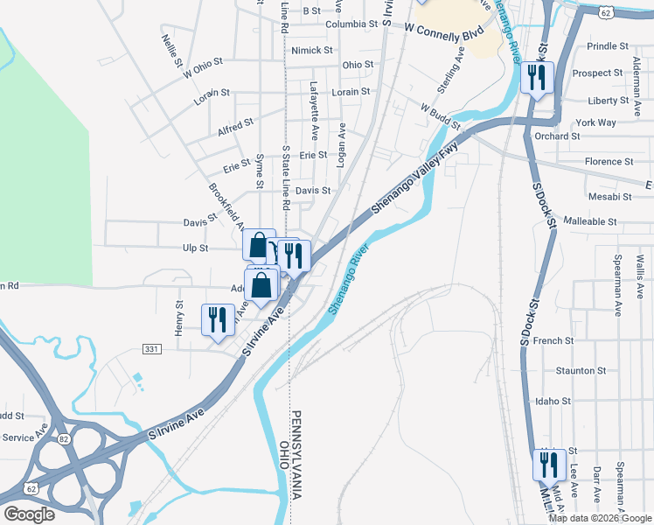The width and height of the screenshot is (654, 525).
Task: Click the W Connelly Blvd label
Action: [443, 30]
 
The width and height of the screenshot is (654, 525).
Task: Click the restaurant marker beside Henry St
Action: [217, 320]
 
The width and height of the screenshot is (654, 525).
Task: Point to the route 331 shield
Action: [152, 349]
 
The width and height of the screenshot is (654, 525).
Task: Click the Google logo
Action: [29, 514]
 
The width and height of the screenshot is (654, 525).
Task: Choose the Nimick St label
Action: [312, 51]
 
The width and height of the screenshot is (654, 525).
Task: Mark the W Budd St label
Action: [440, 117]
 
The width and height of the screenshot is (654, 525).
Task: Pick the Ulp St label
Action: [195, 248]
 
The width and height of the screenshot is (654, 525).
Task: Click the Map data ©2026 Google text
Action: [599, 518]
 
